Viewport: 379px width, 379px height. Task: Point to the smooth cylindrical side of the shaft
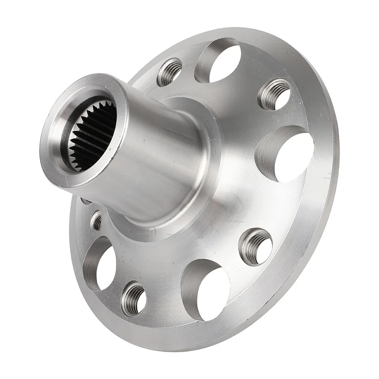[x=158, y=158]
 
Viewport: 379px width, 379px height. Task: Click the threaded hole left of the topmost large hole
[x=170, y=71]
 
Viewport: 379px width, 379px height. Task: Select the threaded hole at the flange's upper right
[x=275, y=94]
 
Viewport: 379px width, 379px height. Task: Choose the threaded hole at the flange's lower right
[x=256, y=247]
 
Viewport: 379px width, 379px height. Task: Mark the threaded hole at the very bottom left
[x=133, y=299]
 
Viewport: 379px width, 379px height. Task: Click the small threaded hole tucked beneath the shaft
[x=96, y=221]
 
